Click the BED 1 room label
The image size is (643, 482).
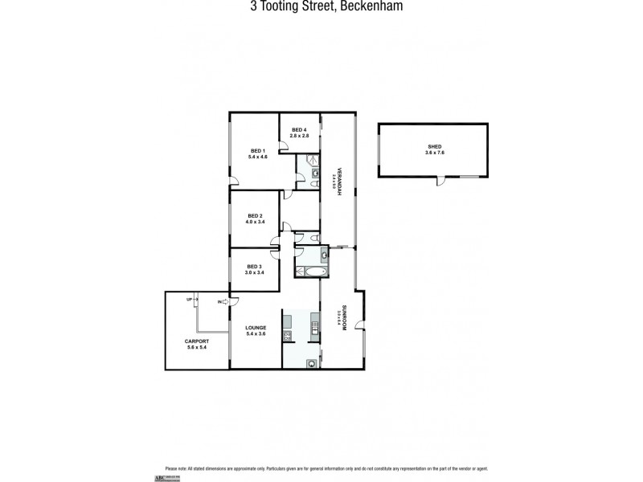[257, 150]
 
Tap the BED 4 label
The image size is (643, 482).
[299, 130]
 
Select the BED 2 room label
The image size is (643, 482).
[256, 215]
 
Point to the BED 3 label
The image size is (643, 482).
[255, 266]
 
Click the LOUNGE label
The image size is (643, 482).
[255, 328]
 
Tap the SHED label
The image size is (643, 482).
[434, 145]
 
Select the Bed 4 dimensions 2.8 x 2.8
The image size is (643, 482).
[300, 136]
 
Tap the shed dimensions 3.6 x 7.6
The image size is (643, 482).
[434, 152]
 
